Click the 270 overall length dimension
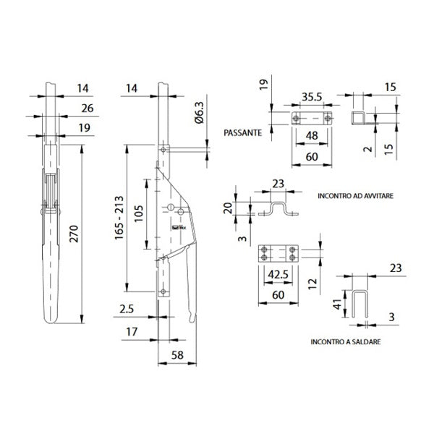pos(75,234)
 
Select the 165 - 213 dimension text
pos(119,218)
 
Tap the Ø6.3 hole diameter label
pos(199,112)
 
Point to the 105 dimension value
pos(139,213)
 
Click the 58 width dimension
pos(177,355)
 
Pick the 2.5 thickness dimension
pos(127,309)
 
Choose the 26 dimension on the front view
pos(88,109)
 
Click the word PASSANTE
pos(243,133)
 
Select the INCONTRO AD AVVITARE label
pos(355,196)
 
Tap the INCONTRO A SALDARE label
pos(346,342)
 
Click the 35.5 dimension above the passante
pos(312,97)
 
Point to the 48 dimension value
pos(312,136)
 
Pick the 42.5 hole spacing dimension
pos(278,274)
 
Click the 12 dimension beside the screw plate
pos(312,284)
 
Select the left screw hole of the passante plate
pos(296,119)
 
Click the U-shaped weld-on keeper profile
pos(360,304)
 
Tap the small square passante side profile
pos(358,118)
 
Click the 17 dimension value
pos(132,331)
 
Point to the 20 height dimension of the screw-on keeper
pos(228,208)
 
